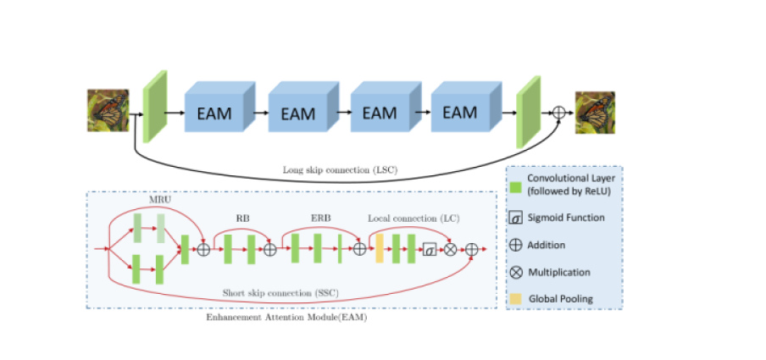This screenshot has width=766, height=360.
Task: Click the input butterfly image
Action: (x=108, y=110)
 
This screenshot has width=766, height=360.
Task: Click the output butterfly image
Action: (x=595, y=113)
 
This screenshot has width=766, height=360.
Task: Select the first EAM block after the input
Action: (x=219, y=107)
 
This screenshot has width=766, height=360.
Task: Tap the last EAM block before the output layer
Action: (x=467, y=107)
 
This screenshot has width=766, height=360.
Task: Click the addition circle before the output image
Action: (x=559, y=113)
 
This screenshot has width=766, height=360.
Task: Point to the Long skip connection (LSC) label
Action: (x=341, y=170)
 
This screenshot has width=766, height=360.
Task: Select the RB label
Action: (x=242, y=219)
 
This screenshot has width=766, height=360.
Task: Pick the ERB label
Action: (x=320, y=219)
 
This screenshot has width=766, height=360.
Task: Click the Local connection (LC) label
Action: (x=414, y=219)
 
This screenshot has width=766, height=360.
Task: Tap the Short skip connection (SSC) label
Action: (x=280, y=294)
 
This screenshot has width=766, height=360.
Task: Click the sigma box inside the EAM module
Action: (x=430, y=250)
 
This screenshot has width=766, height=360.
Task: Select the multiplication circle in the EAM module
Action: (x=450, y=250)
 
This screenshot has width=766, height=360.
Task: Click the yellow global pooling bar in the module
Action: (x=379, y=249)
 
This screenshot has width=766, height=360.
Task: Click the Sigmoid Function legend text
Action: (x=566, y=218)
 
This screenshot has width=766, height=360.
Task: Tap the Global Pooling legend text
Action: (x=561, y=299)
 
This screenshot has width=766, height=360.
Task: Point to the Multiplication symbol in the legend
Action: (x=515, y=273)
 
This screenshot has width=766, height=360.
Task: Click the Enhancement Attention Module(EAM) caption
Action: (x=286, y=318)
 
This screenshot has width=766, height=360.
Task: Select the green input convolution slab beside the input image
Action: (x=155, y=107)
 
